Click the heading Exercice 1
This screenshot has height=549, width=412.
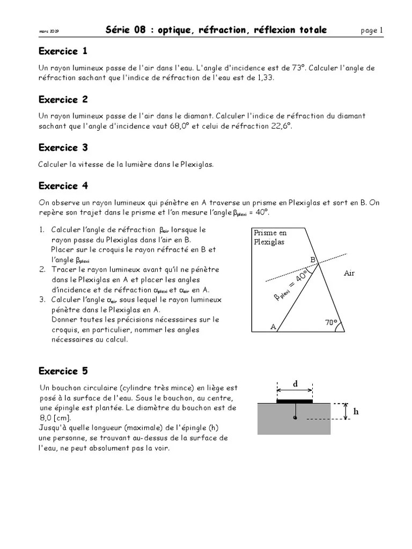[63, 51]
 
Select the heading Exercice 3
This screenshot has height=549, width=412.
[63, 147]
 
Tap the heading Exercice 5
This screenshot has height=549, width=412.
[63, 371]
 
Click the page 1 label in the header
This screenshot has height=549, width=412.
[372, 31]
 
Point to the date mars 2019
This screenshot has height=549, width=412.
[49, 32]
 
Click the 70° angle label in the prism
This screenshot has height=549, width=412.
[331, 323]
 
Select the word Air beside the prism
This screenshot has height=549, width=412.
[349, 273]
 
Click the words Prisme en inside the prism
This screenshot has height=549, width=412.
[270, 233]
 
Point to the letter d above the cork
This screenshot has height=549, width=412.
[295, 384]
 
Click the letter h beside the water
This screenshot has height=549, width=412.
[356, 412]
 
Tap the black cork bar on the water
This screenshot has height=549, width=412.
[295, 400]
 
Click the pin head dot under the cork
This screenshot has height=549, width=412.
[295, 418]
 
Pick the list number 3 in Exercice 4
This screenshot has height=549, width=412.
[42, 300]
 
